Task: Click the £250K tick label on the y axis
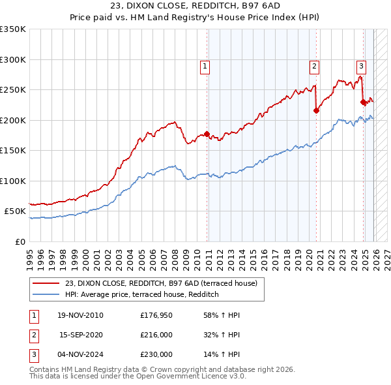[13, 90]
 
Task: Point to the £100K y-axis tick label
[13, 181]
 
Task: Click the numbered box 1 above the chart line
[205, 66]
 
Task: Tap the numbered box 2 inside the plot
[314, 66]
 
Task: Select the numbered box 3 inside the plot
[360, 65]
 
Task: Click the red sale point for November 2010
[207, 134]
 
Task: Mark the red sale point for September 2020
[316, 111]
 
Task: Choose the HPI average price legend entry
[141, 295]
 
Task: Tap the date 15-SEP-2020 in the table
[81, 335]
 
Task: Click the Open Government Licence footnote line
[138, 377]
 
